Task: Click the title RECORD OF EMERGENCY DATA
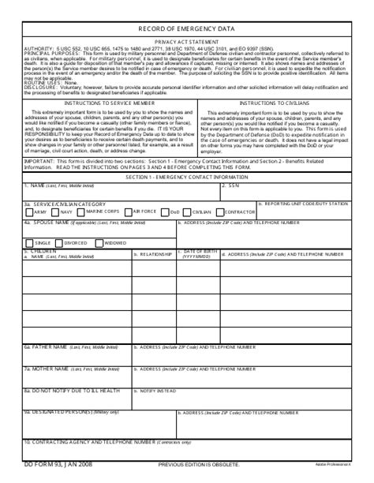pyautogui.click(x=186, y=27)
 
